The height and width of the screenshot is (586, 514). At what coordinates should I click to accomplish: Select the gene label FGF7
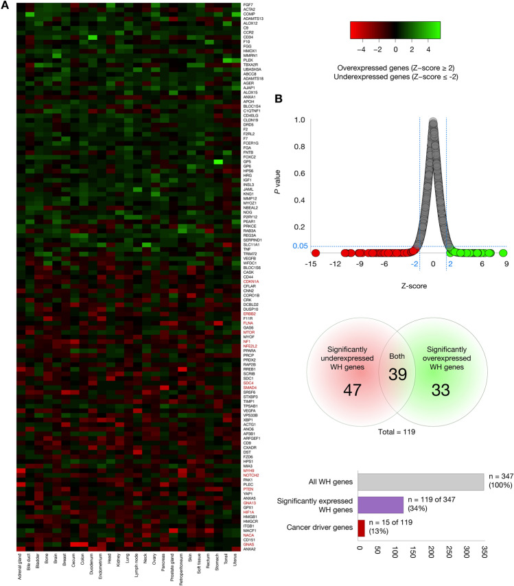[x=248, y=5]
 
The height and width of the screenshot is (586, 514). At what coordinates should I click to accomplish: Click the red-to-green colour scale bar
[x=393, y=30]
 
